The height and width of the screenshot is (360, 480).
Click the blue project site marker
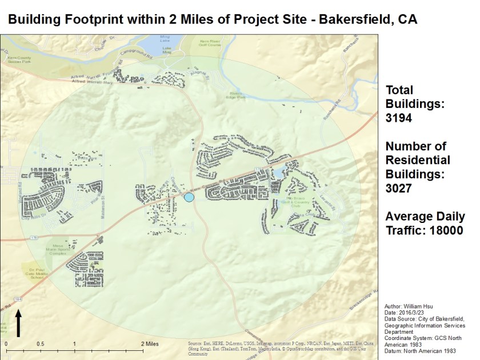[190, 197]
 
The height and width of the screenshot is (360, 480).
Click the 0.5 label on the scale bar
[40, 344]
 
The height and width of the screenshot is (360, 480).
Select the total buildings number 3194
[398, 119]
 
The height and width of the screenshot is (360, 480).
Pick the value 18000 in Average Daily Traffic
[441, 230]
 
